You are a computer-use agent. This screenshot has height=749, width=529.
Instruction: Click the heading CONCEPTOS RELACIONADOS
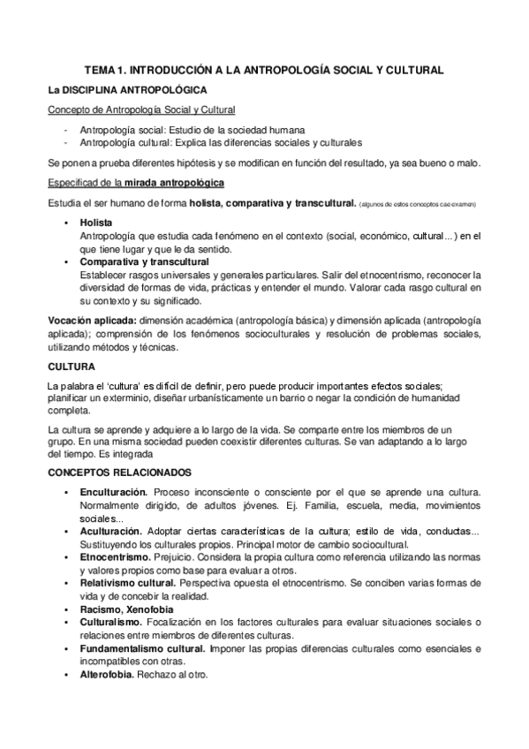(126, 473)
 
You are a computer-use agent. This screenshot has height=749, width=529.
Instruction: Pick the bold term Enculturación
(112, 490)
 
